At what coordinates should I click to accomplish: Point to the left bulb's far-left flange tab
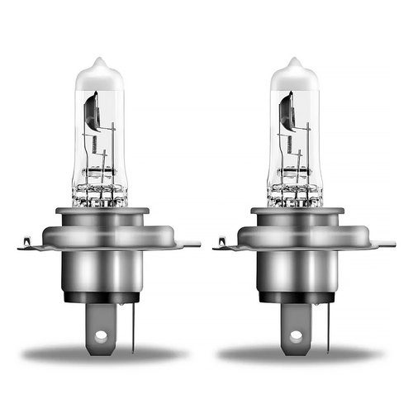[24, 244]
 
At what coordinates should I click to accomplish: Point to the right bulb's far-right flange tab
[387, 244]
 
